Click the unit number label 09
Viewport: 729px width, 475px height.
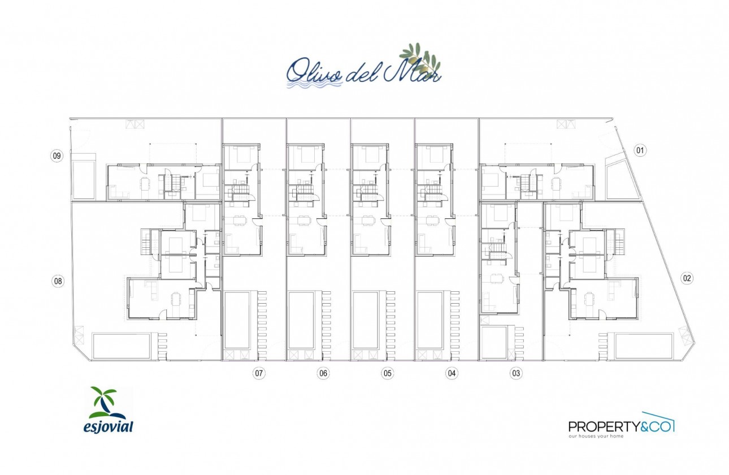(x=57, y=156)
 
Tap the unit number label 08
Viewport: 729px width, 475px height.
(x=57, y=280)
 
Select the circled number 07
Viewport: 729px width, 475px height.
(x=259, y=373)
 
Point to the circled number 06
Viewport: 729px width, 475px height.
(x=323, y=373)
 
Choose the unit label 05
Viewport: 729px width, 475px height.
(x=387, y=373)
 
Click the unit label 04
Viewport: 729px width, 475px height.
(x=452, y=373)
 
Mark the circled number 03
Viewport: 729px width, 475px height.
(x=516, y=373)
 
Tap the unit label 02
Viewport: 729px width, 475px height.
(x=687, y=278)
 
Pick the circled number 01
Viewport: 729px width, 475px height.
(x=640, y=150)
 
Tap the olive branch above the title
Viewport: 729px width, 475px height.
(x=421, y=57)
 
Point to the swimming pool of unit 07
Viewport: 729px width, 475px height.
(x=237, y=320)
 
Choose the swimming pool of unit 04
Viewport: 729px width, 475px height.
(x=430, y=320)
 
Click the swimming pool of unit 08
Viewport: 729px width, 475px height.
(x=121, y=346)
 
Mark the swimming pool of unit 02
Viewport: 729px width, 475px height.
(x=644, y=346)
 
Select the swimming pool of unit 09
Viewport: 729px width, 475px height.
(x=84, y=179)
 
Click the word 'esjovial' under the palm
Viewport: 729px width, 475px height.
(x=108, y=426)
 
